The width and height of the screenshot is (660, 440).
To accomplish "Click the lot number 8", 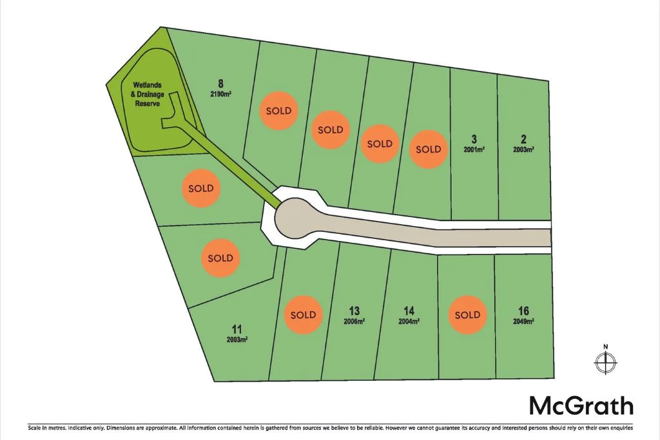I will (x=220, y=83).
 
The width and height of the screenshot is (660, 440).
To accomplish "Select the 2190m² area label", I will (x=220, y=93).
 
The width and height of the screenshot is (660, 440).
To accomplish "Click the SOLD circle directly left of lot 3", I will (x=428, y=149).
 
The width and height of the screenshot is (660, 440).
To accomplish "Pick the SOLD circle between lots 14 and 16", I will (x=467, y=315).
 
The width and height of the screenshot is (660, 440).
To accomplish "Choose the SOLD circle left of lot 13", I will (x=303, y=315).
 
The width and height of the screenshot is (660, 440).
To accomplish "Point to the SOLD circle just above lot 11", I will (x=220, y=258).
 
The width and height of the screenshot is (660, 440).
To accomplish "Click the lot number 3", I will (x=474, y=139).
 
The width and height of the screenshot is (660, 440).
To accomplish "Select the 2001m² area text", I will (x=474, y=149).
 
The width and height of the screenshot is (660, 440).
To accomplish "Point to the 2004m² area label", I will (x=409, y=321).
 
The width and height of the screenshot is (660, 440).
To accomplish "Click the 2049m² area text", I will (x=523, y=321).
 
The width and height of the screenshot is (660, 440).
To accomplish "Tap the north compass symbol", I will (x=605, y=363).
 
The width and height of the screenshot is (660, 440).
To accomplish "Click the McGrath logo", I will (x=581, y=406).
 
